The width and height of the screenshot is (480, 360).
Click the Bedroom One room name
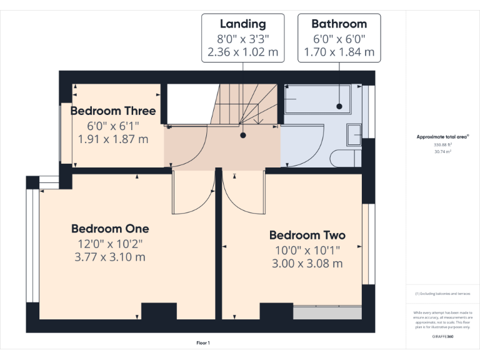pos(110,229)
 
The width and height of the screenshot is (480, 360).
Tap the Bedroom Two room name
pos(307,236)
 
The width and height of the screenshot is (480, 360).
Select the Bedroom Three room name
pos(113,111)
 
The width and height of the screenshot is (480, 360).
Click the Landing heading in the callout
pos(242,24)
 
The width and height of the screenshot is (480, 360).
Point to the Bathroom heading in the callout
pos(339,24)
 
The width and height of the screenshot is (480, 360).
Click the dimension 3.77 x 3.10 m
pos(110,256)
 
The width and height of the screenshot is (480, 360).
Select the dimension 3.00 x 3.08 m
pos(307,263)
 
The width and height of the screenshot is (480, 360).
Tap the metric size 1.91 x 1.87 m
pos(113,139)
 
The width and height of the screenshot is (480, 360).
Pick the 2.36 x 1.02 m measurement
pos(242,52)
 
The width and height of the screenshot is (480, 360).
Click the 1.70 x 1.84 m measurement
pos(339,52)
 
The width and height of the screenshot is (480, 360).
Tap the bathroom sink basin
pos(354,133)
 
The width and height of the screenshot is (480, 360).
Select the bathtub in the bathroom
pos(322,99)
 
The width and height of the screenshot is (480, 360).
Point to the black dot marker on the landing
pos(242,134)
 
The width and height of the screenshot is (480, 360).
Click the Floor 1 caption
pos(203,342)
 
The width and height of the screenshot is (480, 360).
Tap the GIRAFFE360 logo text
pos(442,336)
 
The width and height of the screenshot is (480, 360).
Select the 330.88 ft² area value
pos(442,144)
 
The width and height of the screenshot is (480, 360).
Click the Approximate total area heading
pos(442,136)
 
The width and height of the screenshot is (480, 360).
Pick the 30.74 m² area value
pos(442,151)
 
